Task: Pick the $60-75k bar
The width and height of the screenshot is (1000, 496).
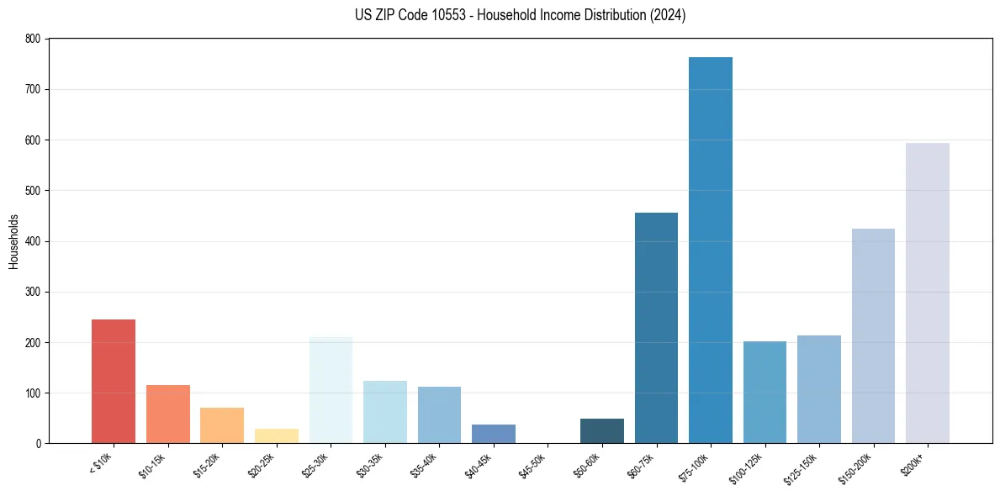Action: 656,328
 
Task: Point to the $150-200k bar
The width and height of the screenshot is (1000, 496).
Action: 873,335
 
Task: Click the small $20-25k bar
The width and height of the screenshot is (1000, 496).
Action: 277,435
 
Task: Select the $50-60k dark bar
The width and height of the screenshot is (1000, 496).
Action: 602,430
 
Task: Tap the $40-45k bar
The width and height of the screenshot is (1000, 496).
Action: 494,434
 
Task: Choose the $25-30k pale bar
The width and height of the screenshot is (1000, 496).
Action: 331,390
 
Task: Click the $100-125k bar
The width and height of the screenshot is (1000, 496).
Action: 765,392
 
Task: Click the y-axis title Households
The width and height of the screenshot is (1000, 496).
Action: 13,241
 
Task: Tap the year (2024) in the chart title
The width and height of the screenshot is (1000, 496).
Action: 668,15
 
